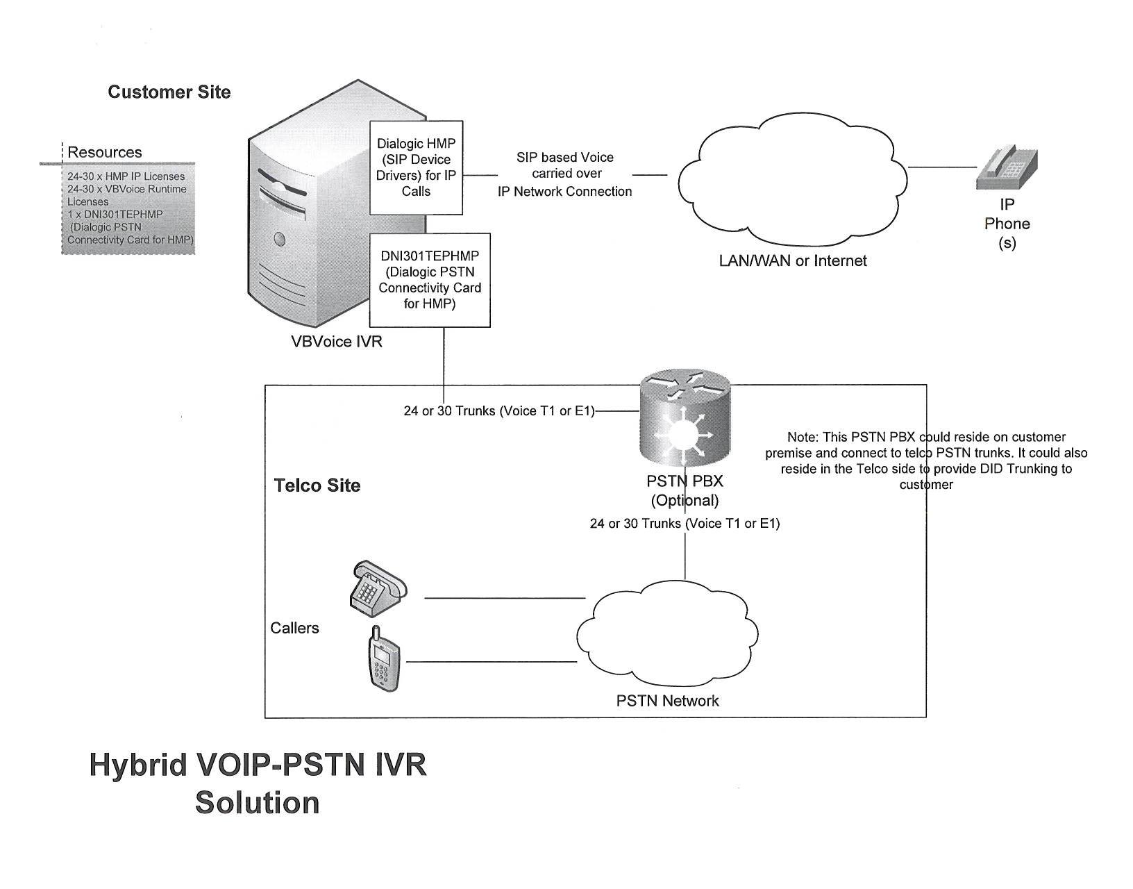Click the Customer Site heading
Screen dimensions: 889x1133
point(169,92)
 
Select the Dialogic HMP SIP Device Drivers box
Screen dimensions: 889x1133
point(416,167)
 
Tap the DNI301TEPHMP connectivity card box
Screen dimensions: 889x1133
point(429,280)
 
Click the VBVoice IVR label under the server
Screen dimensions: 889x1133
point(337,342)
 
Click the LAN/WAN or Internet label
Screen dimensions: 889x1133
point(793,261)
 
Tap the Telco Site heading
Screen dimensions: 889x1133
point(317,485)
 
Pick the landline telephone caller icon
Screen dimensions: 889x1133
point(376,588)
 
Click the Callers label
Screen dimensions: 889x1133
point(294,628)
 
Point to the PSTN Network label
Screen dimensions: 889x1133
point(667,701)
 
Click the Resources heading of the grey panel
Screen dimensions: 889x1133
point(104,152)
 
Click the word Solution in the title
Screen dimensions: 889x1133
point(257,803)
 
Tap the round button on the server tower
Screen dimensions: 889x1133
point(280,240)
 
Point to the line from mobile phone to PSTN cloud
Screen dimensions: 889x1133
point(492,662)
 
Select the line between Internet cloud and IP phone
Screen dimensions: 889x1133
point(941,167)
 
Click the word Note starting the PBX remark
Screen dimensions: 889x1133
point(801,438)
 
